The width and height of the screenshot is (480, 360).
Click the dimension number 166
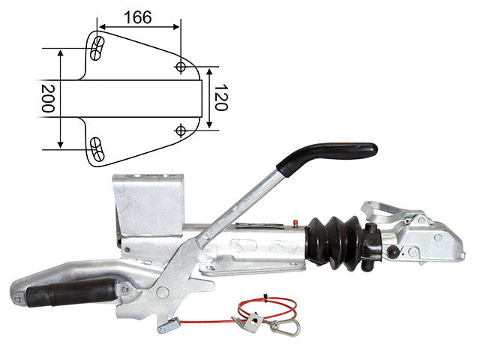click(138, 17)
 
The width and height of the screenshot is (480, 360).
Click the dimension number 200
click(48, 98)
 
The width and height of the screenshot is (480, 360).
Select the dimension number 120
click(220, 97)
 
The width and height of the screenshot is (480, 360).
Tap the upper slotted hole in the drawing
click(97, 48)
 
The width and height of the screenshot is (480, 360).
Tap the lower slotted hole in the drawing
click(97, 149)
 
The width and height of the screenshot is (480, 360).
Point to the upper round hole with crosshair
click(181, 67)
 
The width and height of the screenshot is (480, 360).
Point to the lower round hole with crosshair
click(181, 130)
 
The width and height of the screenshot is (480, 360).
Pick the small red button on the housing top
click(295, 222)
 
